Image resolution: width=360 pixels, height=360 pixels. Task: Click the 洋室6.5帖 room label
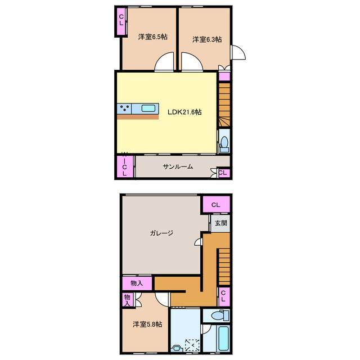coord(152,37)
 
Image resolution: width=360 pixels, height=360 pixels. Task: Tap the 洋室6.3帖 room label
coord(207,39)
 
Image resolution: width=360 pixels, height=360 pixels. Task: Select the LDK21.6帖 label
coord(184,112)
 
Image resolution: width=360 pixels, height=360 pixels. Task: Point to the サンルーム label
coord(178,166)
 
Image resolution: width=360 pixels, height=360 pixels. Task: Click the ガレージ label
coord(161,233)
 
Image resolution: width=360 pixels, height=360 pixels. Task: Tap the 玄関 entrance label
coord(221,223)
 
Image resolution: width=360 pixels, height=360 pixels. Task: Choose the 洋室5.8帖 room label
coord(147,324)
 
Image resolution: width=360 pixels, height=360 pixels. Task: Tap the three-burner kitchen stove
coord(124,109)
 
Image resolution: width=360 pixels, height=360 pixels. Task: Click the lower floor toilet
coord(220,315)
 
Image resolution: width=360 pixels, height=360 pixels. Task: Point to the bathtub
coord(223,339)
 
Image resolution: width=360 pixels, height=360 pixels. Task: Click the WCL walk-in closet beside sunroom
coord(124,166)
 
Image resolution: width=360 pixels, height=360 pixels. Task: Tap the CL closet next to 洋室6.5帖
coord(121,21)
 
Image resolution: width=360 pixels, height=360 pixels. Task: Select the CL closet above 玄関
coord(215,205)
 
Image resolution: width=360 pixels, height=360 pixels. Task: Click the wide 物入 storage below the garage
coord(137,283)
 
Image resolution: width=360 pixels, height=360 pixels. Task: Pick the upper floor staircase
coord(224,105)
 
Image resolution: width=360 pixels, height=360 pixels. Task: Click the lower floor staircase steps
coord(224,267)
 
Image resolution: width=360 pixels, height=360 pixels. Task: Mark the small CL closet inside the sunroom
coord(223,173)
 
